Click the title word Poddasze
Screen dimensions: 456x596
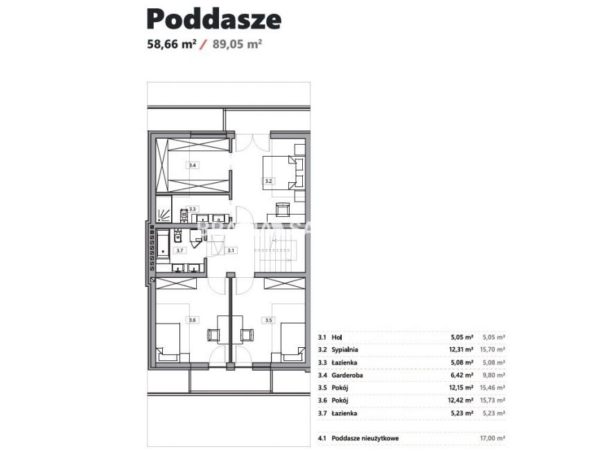coord(214,19)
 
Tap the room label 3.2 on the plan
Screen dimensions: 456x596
coord(269,182)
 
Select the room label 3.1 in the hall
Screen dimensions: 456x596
coord(231,250)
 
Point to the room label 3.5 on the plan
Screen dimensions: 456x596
coord(268,319)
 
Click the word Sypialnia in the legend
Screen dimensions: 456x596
coord(347,350)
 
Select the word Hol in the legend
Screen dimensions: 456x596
coord(338,337)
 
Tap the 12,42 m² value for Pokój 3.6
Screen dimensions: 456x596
coord(462,401)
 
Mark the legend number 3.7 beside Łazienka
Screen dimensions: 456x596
coord(322,413)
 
